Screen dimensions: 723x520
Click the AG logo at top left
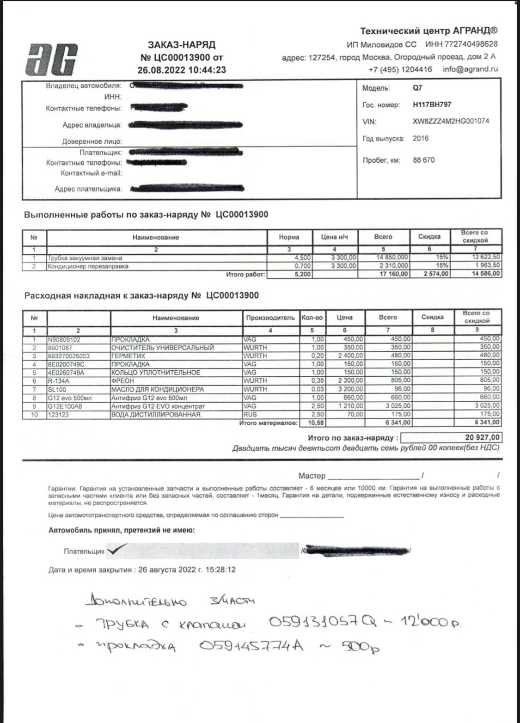(x=51, y=59)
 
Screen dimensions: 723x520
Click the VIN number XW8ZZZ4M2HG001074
(x=451, y=122)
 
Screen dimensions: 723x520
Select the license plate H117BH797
(x=432, y=105)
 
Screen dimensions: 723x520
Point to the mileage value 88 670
(x=423, y=160)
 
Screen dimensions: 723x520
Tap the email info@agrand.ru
(x=470, y=69)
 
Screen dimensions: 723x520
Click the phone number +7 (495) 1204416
(x=400, y=69)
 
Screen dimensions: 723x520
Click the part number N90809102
(x=63, y=339)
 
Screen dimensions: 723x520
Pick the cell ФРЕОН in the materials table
(x=122, y=381)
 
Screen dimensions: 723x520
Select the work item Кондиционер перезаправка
(x=88, y=266)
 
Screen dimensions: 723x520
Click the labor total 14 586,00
(x=483, y=274)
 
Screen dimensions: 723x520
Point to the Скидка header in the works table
(x=429, y=237)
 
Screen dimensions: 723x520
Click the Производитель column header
(x=270, y=318)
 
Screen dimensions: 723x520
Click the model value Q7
(x=417, y=88)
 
